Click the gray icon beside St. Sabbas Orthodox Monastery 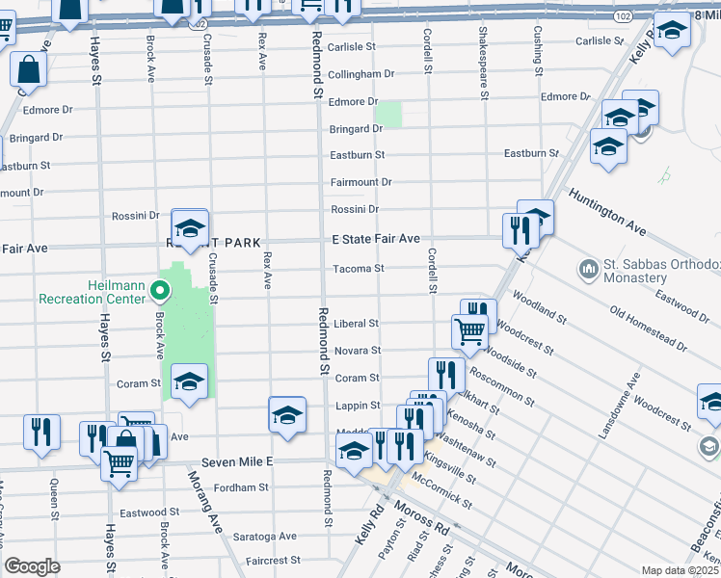[x=586, y=267]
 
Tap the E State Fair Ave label [x=376, y=238]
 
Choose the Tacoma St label [x=359, y=269]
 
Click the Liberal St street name [x=357, y=324]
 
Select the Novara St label [x=356, y=351]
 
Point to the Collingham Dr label [x=361, y=73]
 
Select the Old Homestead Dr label [x=648, y=328]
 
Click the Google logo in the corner [x=32, y=566]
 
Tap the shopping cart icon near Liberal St [x=468, y=330]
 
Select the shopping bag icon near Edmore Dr [x=29, y=69]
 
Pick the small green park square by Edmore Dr [x=388, y=114]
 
